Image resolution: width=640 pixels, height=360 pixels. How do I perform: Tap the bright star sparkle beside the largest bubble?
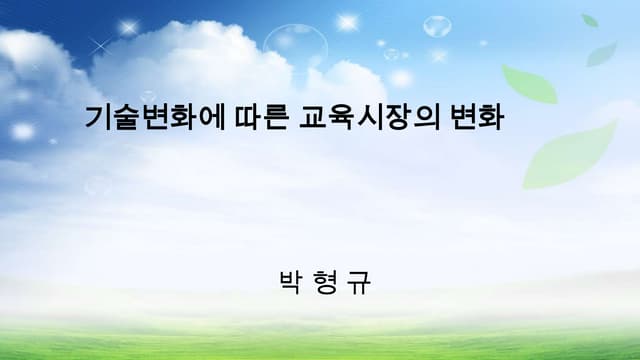[348, 22]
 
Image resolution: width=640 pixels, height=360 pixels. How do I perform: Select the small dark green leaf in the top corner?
[590, 20]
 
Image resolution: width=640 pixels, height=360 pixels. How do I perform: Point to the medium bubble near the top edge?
[437, 26]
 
